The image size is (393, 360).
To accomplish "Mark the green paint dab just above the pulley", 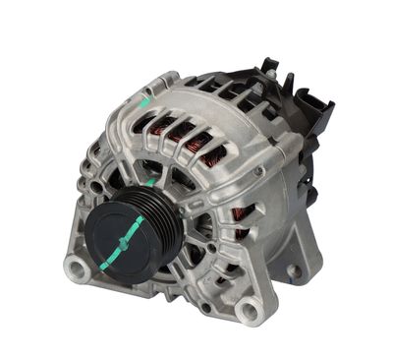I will point(148,183).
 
